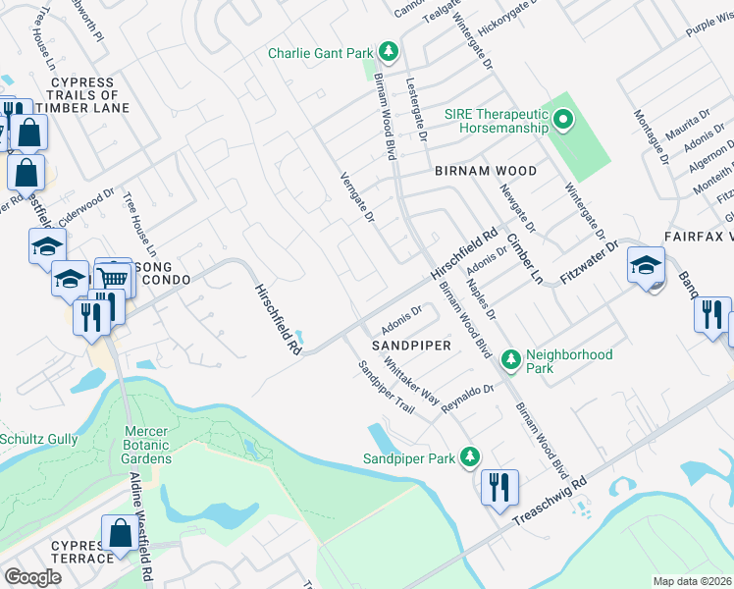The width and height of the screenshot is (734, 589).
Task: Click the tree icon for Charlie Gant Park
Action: [389, 50]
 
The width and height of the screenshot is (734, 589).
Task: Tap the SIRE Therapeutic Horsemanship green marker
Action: [563, 122]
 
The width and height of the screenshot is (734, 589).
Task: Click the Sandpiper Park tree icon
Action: [471, 457]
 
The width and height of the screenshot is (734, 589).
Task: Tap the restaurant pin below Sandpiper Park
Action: [498, 487]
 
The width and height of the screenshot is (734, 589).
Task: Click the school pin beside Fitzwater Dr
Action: [646, 265]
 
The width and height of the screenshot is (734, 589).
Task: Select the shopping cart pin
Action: [114, 279]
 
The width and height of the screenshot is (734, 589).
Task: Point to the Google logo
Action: [32, 576]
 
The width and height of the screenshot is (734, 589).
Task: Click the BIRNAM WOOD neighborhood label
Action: [486, 171]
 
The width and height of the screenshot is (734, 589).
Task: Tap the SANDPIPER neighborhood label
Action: [410, 347]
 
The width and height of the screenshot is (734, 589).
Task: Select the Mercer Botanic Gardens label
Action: [133, 445]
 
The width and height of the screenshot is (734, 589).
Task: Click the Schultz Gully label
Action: [38, 439]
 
